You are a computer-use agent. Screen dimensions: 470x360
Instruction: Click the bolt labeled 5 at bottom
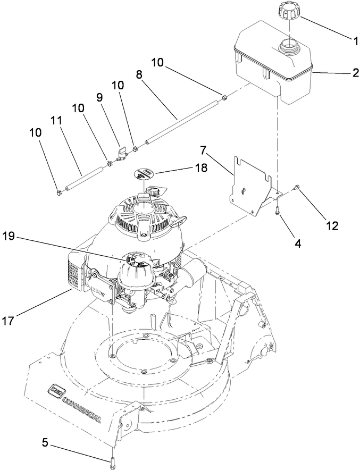112,463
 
